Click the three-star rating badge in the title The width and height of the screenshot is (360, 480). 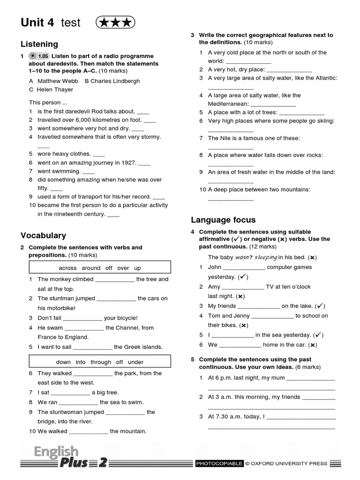(115, 22)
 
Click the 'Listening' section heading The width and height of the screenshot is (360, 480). (39, 44)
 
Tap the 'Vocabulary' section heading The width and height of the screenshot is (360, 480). (43, 235)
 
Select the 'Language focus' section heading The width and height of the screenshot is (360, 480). (223, 220)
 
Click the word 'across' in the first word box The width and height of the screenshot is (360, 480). (67, 268)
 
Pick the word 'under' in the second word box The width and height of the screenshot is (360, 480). (135, 362)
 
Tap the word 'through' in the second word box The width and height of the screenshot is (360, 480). (101, 362)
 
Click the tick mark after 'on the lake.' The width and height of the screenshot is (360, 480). (320, 306)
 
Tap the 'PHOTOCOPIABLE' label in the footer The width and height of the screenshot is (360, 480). (219, 464)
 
